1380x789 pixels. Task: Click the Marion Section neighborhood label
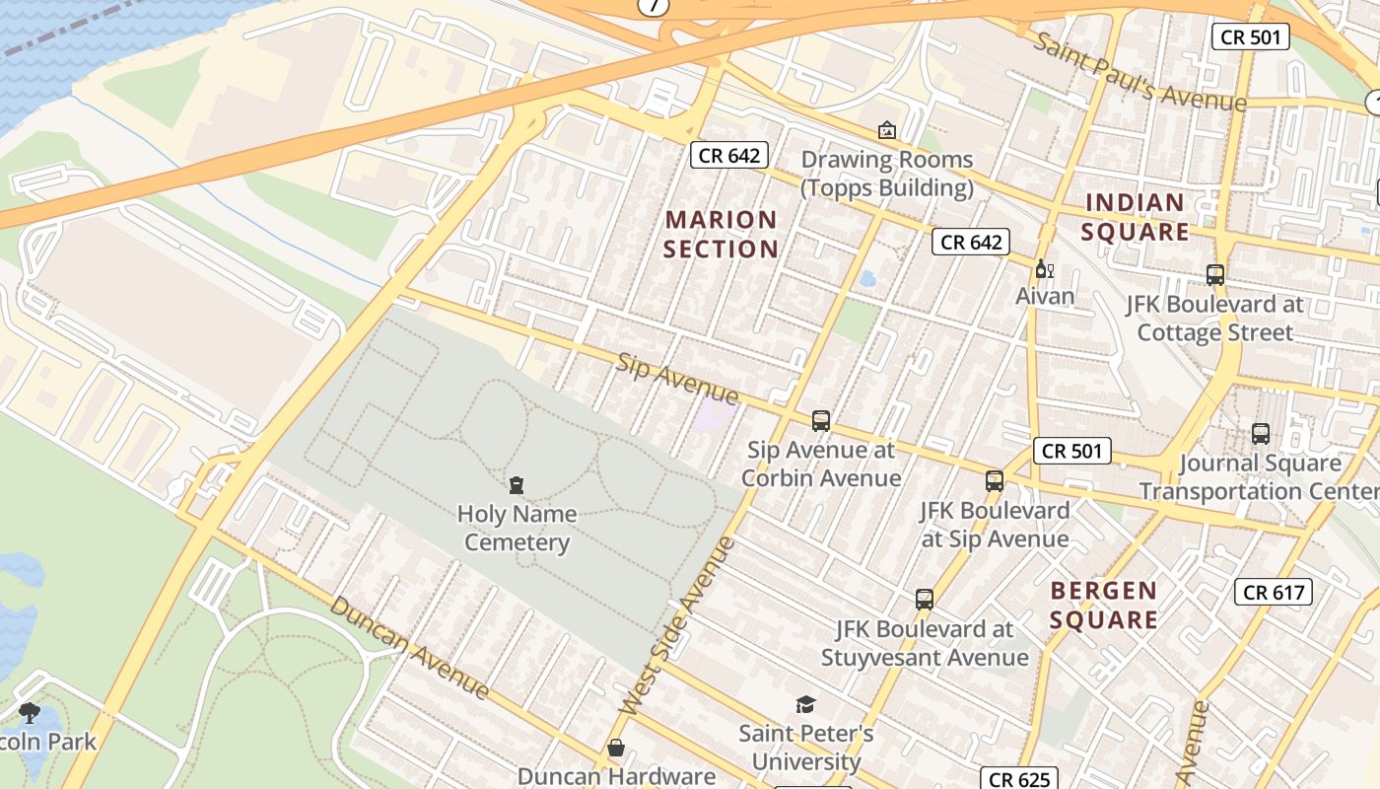721,234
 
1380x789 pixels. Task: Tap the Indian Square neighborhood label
1136,217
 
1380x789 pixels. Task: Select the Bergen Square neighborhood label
1103,605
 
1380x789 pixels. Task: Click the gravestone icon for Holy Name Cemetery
517,484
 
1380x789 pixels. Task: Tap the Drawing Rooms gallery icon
886,130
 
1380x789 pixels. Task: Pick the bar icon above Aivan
1044,268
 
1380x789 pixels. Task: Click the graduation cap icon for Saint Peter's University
806,704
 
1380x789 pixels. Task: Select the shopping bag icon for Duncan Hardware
616,748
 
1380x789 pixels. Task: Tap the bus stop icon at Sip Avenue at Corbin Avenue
820,421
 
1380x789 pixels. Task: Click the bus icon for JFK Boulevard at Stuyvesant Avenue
924,599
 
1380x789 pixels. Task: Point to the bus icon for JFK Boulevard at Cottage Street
1214,275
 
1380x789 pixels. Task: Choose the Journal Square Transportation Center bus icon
1260,433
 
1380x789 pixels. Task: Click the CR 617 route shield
1273,592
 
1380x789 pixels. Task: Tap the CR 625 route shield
1019,779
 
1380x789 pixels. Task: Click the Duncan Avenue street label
409,647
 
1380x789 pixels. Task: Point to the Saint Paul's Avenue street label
1138,72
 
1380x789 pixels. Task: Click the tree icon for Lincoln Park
30,712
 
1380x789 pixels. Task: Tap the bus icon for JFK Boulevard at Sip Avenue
995,481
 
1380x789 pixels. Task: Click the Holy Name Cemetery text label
517,528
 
